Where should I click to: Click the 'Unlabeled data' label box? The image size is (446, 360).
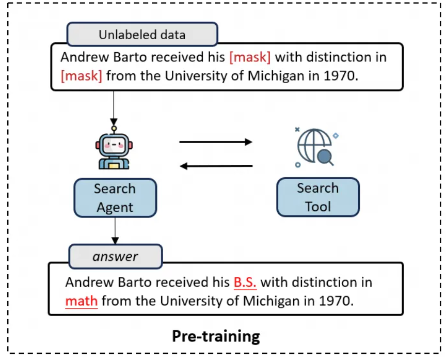pyautogui.click(x=142, y=34)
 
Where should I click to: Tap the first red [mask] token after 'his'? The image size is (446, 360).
pyautogui.click(x=250, y=57)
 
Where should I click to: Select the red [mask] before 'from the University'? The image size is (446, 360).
pyautogui.click(x=82, y=76)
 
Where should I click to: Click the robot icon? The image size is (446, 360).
pyautogui.click(x=114, y=148)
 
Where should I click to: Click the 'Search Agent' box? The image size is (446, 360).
pyautogui.click(x=115, y=198)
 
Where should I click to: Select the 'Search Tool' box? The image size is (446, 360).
pyautogui.click(x=318, y=197)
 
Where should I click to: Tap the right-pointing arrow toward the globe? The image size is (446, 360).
pyautogui.click(x=216, y=142)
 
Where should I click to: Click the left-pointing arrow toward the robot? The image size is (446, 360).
pyautogui.click(x=216, y=166)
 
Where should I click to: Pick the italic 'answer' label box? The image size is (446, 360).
pyautogui.click(x=116, y=256)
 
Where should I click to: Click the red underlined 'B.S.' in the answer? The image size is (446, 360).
pyautogui.click(x=245, y=283)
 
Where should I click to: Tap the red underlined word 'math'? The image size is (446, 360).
pyautogui.click(x=82, y=301)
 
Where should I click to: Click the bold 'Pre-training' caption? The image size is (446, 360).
pyautogui.click(x=216, y=336)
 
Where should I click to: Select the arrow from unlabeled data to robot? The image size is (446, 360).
pyautogui.click(x=114, y=108)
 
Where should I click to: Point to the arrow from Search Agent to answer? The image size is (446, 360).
pyautogui.click(x=115, y=231)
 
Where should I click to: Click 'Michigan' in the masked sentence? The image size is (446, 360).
pyautogui.click(x=276, y=76)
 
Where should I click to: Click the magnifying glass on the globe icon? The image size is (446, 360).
pyautogui.click(x=326, y=158)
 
